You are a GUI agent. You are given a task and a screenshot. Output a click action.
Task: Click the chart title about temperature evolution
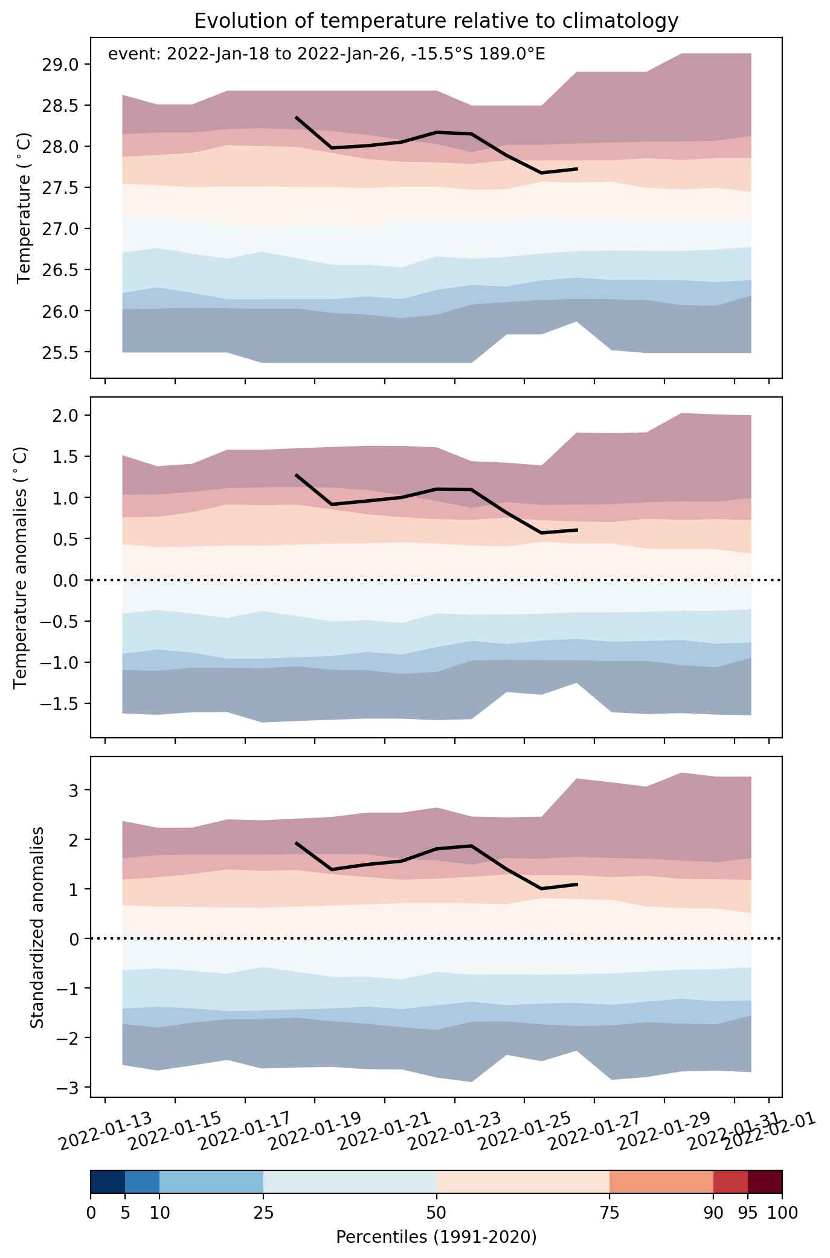point(436,21)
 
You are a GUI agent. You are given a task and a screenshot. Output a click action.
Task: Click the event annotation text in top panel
point(326,54)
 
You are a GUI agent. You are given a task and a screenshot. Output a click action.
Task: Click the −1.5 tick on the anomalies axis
point(62,704)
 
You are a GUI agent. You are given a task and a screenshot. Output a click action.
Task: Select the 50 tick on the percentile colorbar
point(436,1213)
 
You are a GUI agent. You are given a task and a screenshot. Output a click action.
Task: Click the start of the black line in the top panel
point(296,117)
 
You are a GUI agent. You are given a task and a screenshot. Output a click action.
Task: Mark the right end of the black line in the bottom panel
point(577,884)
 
